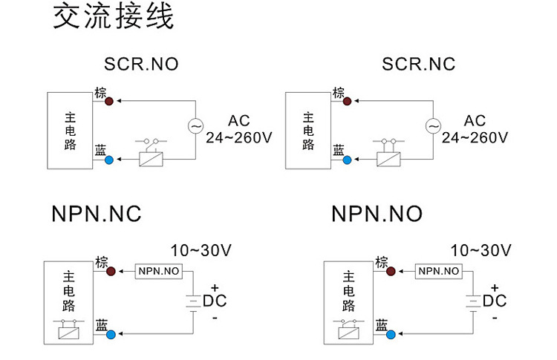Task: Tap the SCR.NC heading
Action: coord(418,65)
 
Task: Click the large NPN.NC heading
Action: coord(97,215)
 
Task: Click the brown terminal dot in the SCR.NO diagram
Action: coord(109,100)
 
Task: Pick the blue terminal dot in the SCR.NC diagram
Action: coord(346,160)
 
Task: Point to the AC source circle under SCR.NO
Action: coord(196,126)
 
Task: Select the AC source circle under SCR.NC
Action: coord(433,126)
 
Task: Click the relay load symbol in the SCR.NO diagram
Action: coord(152,157)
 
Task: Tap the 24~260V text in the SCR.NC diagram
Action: coord(475,137)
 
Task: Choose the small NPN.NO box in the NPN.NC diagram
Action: coord(157,272)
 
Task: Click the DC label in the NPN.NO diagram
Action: coord(495,301)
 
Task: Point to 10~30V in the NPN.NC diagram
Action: coord(201,249)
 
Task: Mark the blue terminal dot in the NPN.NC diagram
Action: coord(110,335)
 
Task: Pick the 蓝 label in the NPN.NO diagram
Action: coord(382,325)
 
